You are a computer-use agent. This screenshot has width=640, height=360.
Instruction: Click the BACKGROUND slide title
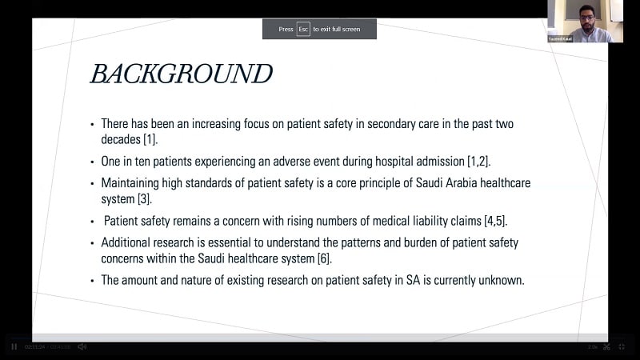181,74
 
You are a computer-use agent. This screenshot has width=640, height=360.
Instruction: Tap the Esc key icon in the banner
303,29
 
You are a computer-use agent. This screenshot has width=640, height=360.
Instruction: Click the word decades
121,139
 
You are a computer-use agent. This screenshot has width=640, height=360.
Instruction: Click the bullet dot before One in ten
92,161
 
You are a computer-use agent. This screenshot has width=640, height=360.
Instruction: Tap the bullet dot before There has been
92,124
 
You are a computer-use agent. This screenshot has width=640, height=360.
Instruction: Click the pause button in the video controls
14,346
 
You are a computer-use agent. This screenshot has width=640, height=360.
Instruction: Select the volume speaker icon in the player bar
82,346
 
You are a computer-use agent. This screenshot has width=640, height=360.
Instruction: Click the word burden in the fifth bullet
410,242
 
